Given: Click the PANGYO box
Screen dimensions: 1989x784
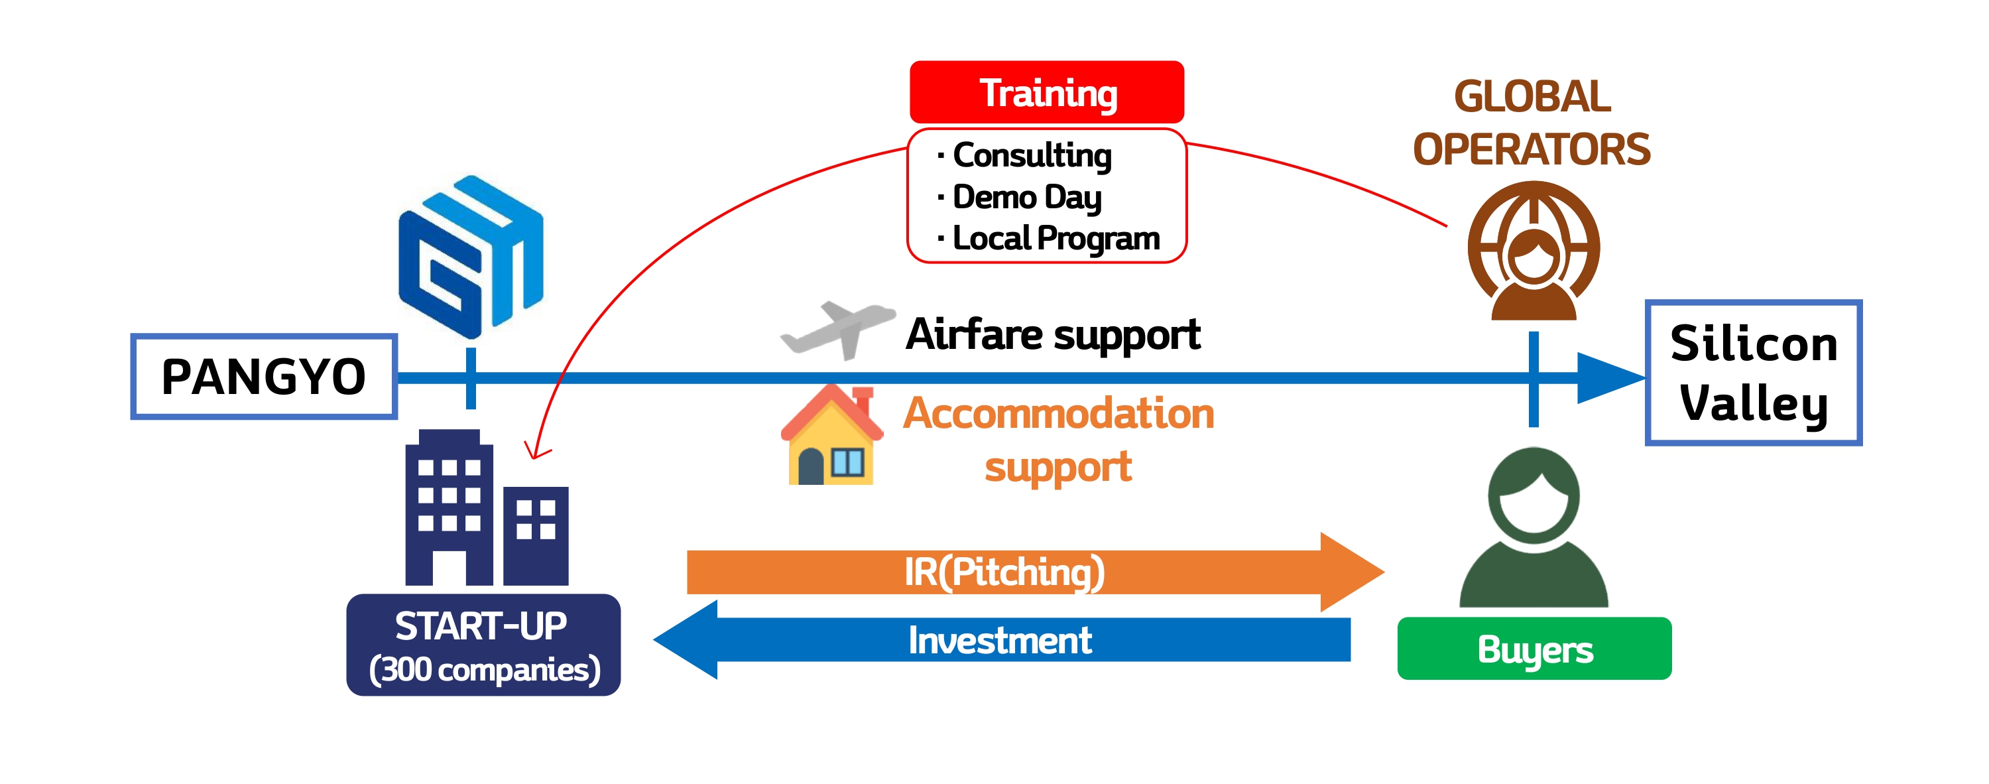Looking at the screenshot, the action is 264,376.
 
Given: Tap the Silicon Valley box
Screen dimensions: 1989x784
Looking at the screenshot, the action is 1753,372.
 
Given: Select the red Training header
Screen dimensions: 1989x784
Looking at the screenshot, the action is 1046,92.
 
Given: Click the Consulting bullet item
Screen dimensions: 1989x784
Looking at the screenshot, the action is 1024,155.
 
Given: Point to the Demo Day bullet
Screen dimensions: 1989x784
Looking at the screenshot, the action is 1019,197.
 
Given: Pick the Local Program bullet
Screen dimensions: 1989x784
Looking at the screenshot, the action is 1048,238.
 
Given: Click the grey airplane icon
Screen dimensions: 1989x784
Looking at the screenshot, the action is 838,330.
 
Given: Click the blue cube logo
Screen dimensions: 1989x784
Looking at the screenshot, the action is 471,257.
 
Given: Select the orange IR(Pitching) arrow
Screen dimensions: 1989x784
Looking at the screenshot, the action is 1035,572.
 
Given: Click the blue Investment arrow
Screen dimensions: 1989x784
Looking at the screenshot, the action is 1001,639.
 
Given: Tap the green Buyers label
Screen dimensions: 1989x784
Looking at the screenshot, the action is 1534,649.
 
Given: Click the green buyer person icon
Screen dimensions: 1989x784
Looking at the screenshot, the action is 1534,527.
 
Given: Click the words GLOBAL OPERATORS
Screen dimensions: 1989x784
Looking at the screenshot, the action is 1532,123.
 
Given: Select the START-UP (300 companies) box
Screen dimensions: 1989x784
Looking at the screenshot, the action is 483,645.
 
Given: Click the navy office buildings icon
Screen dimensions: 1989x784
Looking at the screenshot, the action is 487,507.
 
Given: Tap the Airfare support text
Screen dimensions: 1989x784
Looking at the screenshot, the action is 1054,334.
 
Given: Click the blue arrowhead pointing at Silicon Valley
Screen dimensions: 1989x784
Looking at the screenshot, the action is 1610,377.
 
